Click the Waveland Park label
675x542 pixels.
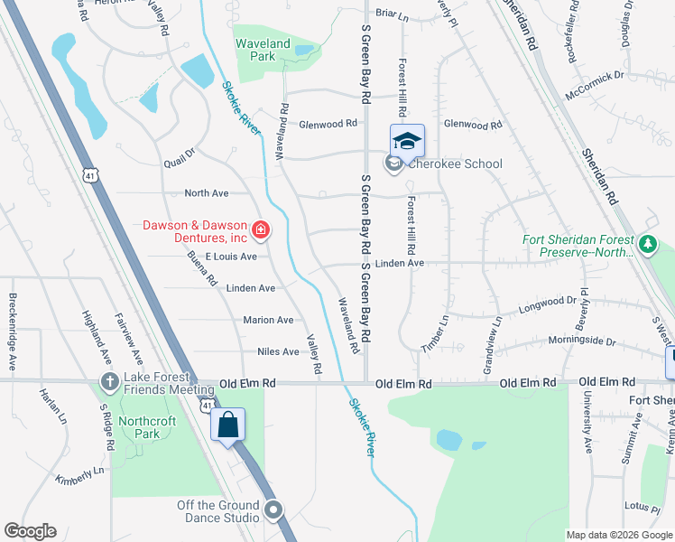tap(263, 50)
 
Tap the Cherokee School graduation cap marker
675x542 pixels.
tap(407, 141)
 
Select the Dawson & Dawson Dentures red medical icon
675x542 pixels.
tap(261, 231)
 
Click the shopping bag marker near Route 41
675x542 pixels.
tap(228, 424)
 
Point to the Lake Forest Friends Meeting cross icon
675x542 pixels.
tap(109, 383)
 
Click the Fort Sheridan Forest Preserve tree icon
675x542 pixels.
tap(647, 244)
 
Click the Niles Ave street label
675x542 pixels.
tap(278, 351)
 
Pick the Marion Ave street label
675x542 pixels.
tap(268, 320)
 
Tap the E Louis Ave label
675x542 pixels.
tap(231, 257)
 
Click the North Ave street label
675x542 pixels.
tap(207, 193)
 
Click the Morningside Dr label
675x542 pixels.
tap(586, 342)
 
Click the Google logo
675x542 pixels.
tap(30, 531)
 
